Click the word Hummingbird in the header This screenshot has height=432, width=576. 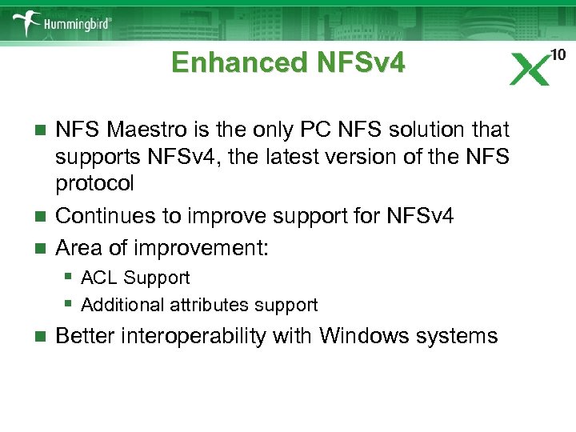coord(79,25)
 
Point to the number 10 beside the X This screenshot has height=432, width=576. coord(558,54)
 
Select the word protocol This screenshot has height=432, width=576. coord(94,183)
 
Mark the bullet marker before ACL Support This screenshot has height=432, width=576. coord(70,278)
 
